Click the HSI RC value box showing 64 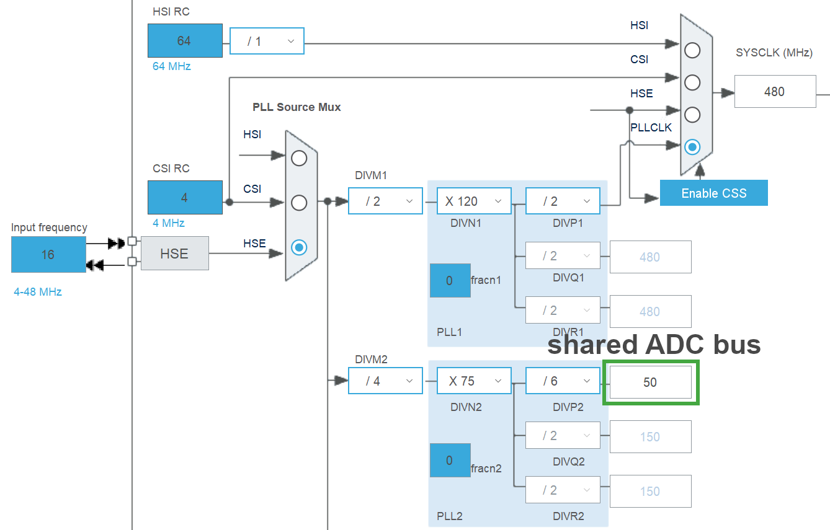coord(185,41)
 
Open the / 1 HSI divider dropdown coord(267,42)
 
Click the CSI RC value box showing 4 coord(185,198)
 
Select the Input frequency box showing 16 coord(48,254)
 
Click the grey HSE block coord(174,253)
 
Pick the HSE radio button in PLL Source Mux coord(299,247)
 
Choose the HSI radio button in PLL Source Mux coord(299,158)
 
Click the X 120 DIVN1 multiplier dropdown coord(474,201)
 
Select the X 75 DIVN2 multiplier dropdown coord(474,381)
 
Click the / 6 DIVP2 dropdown coord(563,381)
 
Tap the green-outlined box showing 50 coord(650,382)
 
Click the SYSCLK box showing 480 coord(774,92)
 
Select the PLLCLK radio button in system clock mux coord(692,147)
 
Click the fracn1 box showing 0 coord(450,280)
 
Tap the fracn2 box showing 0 coord(450,461)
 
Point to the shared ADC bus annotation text coord(654,345)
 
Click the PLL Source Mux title coord(297,107)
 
